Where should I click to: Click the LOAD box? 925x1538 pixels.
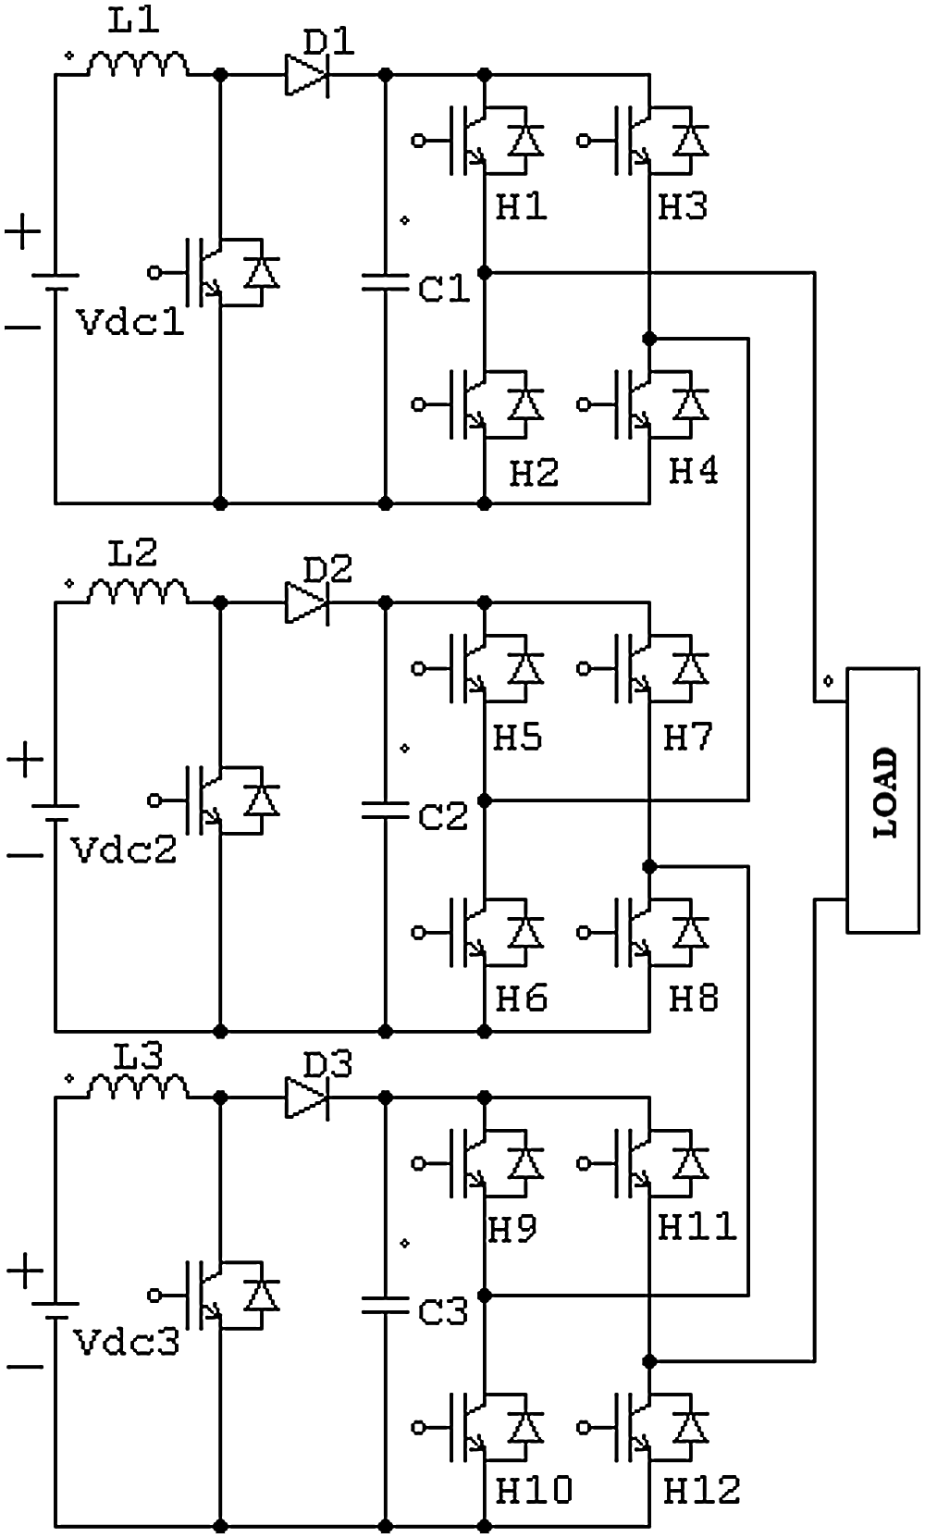(883, 799)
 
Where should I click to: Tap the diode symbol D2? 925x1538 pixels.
(306, 602)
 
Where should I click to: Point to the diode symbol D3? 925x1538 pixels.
(306, 1098)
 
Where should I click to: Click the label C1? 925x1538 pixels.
(445, 289)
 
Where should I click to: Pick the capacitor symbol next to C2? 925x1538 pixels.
(385, 810)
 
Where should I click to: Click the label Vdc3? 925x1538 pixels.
(127, 1342)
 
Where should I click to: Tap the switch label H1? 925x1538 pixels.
(522, 207)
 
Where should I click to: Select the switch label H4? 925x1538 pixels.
(694, 472)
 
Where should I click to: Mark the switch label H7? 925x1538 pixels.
(688, 738)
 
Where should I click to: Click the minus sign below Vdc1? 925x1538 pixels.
(24, 328)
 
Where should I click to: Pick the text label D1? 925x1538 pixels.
(329, 42)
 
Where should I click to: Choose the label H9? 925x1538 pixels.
(512, 1229)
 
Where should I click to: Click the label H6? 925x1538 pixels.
(522, 998)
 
